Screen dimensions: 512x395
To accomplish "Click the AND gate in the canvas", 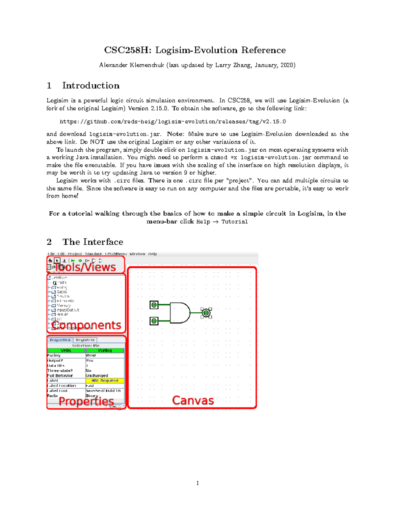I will tap(180, 313).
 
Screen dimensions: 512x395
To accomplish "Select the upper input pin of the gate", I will tap(154, 305).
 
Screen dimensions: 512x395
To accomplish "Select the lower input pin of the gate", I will tap(154, 321).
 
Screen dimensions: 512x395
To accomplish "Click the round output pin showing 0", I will tap(206, 313).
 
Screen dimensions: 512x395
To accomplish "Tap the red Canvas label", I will tap(193, 400).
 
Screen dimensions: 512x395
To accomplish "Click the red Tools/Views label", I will tap(85, 267).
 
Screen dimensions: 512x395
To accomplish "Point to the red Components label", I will tap(86, 325).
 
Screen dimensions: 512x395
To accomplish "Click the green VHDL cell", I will tap(66, 350).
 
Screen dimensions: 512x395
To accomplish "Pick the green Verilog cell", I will tap(105, 350).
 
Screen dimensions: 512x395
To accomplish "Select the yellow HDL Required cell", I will tap(105, 380).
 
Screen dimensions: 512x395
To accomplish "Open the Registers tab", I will tap(85, 340).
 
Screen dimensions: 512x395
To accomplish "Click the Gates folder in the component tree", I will tap(62, 292).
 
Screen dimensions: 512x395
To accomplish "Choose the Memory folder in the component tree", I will tap(63, 305).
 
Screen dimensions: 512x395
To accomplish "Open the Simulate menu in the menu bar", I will tap(93, 254).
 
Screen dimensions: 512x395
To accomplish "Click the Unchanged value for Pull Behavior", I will tap(97, 376).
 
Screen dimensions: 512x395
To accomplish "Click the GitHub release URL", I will tap(173, 122).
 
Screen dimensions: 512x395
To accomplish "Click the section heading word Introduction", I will tap(91, 86).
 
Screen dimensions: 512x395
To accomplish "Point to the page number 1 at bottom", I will tap(197, 483).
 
